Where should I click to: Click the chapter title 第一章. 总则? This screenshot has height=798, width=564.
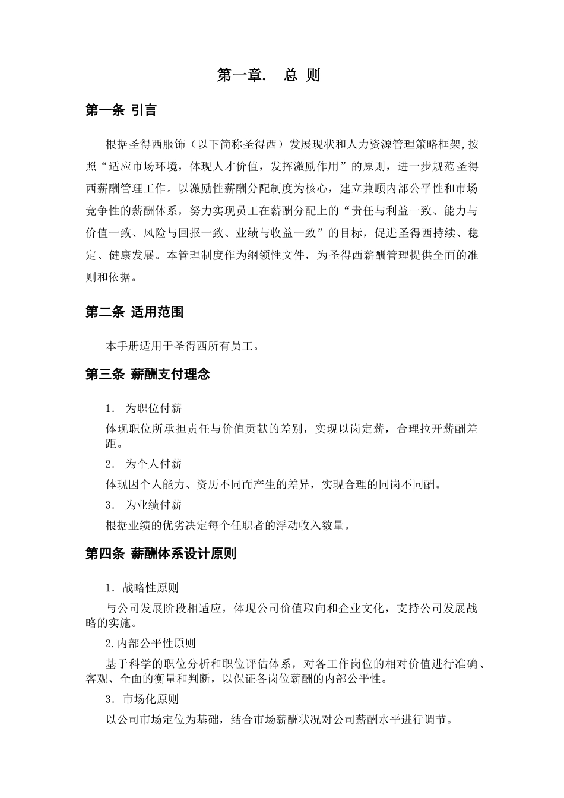(x=268, y=75)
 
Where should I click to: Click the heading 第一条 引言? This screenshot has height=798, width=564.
(x=121, y=110)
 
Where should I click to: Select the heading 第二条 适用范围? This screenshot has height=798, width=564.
(x=134, y=312)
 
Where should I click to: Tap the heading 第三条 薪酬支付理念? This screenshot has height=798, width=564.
(x=148, y=374)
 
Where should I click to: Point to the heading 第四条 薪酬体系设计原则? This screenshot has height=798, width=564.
(x=161, y=553)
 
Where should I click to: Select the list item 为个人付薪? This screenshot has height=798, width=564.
(x=153, y=464)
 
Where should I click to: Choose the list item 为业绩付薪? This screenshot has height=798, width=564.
(x=153, y=505)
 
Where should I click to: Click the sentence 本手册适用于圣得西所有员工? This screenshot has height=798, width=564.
(x=182, y=346)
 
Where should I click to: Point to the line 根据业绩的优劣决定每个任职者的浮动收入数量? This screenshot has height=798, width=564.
(x=227, y=525)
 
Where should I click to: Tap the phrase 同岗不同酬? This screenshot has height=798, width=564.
(x=408, y=484)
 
